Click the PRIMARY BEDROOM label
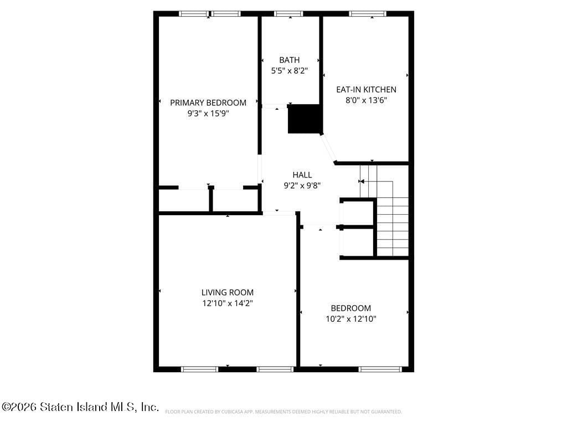(208, 103)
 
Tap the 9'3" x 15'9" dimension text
(208, 114)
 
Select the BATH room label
(289, 60)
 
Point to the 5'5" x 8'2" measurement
(289, 71)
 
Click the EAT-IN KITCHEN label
(366, 89)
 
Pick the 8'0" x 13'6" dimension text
(366, 100)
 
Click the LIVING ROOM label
(227, 292)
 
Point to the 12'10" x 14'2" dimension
(227, 303)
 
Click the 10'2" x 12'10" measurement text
(351, 319)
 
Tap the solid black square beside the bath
(305, 119)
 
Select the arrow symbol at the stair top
(361, 181)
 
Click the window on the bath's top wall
(289, 13)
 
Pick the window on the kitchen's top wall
(368, 13)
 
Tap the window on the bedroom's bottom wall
(380, 369)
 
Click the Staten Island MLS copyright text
(80, 407)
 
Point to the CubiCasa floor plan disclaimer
(283, 412)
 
